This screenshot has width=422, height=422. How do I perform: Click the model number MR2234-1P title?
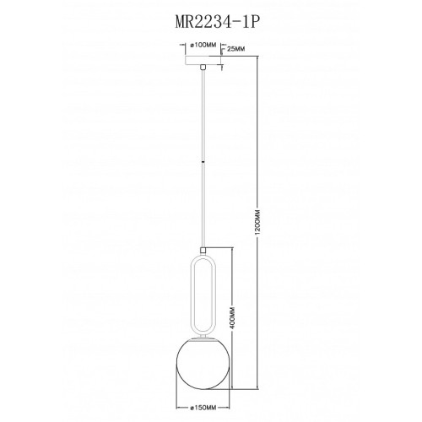[216, 22]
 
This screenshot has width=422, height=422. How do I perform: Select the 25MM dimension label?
[235, 49]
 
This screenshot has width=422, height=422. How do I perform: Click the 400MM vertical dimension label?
[232, 318]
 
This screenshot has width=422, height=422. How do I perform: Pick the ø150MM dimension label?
[203, 408]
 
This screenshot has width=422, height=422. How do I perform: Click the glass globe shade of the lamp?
[203, 364]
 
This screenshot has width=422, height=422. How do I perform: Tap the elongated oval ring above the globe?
[203, 294]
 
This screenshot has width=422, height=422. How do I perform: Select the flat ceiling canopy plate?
[203, 60]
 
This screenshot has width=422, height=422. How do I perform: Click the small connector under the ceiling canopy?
[203, 67]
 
